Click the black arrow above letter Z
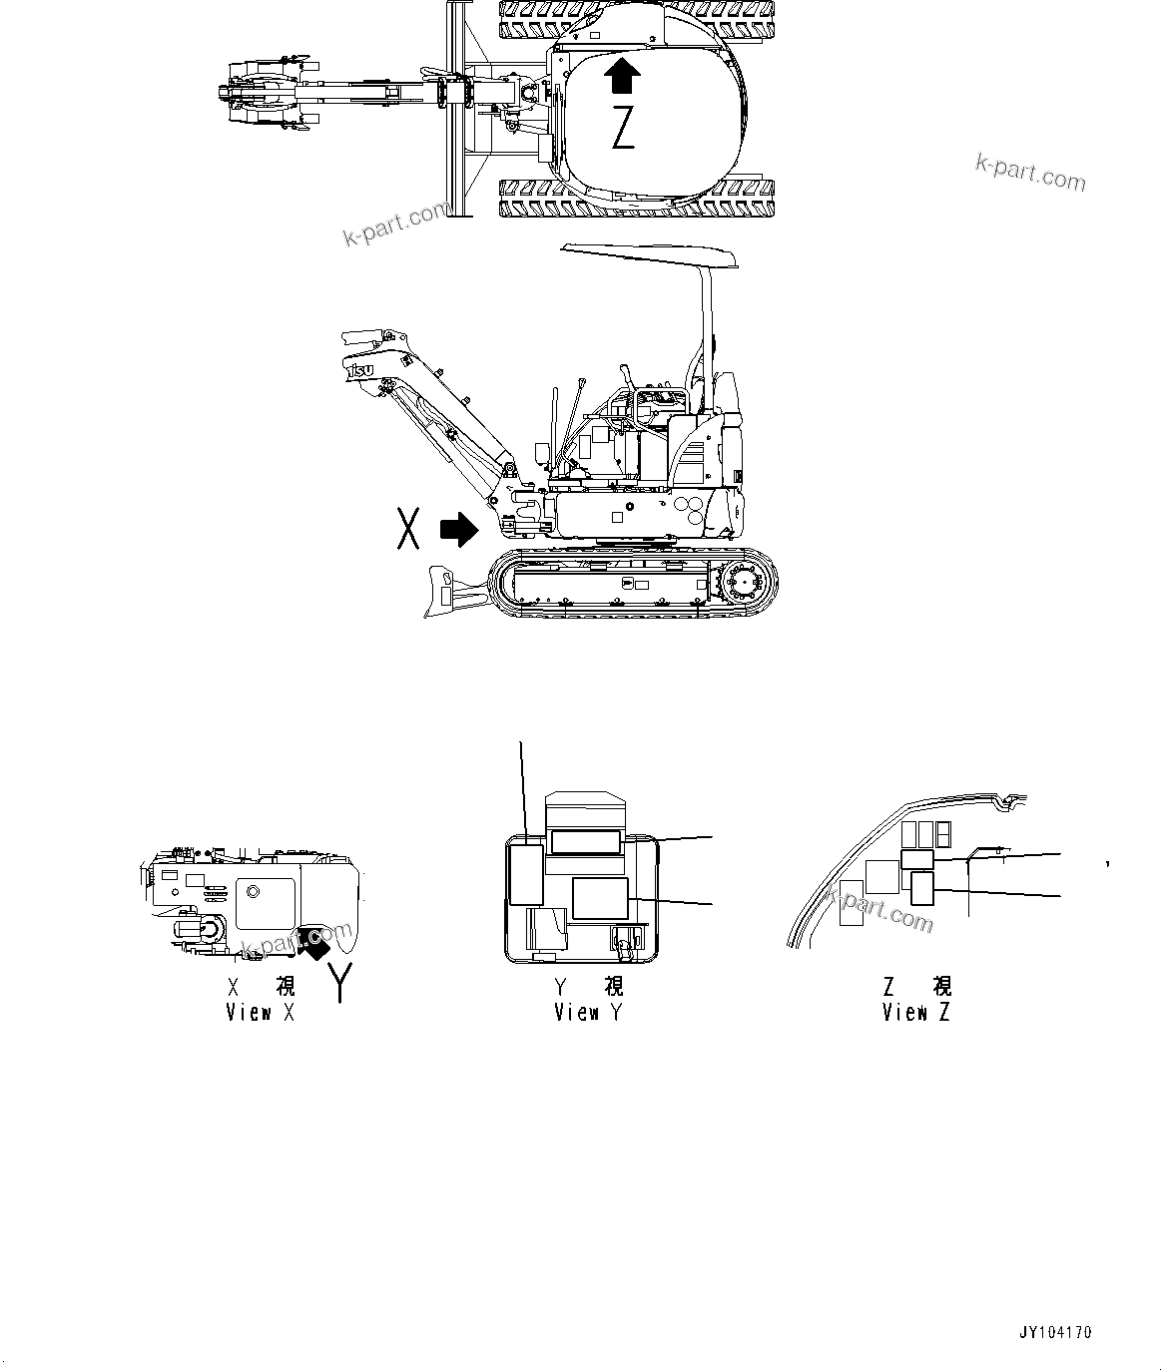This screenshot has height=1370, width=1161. tap(624, 76)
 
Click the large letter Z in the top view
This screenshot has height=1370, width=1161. tap(623, 129)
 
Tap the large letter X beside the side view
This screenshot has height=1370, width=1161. tap(407, 528)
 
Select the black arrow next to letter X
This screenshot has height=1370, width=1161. tap(458, 529)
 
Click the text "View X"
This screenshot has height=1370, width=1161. tap(261, 1013)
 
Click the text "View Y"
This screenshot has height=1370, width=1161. tap(589, 1013)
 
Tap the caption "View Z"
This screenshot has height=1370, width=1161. tap(916, 1013)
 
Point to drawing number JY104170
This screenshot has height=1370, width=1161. tap(1055, 1333)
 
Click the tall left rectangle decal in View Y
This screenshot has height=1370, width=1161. tap(525, 874)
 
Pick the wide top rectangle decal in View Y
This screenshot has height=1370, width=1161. tap(587, 842)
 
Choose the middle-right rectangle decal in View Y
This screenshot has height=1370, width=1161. tap(601, 898)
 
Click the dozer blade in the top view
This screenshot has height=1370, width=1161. tap(458, 110)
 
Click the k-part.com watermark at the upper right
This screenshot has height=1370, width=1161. tap(1030, 174)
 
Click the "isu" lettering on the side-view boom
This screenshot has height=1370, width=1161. tap(360, 371)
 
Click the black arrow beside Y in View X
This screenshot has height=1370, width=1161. tap(314, 941)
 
